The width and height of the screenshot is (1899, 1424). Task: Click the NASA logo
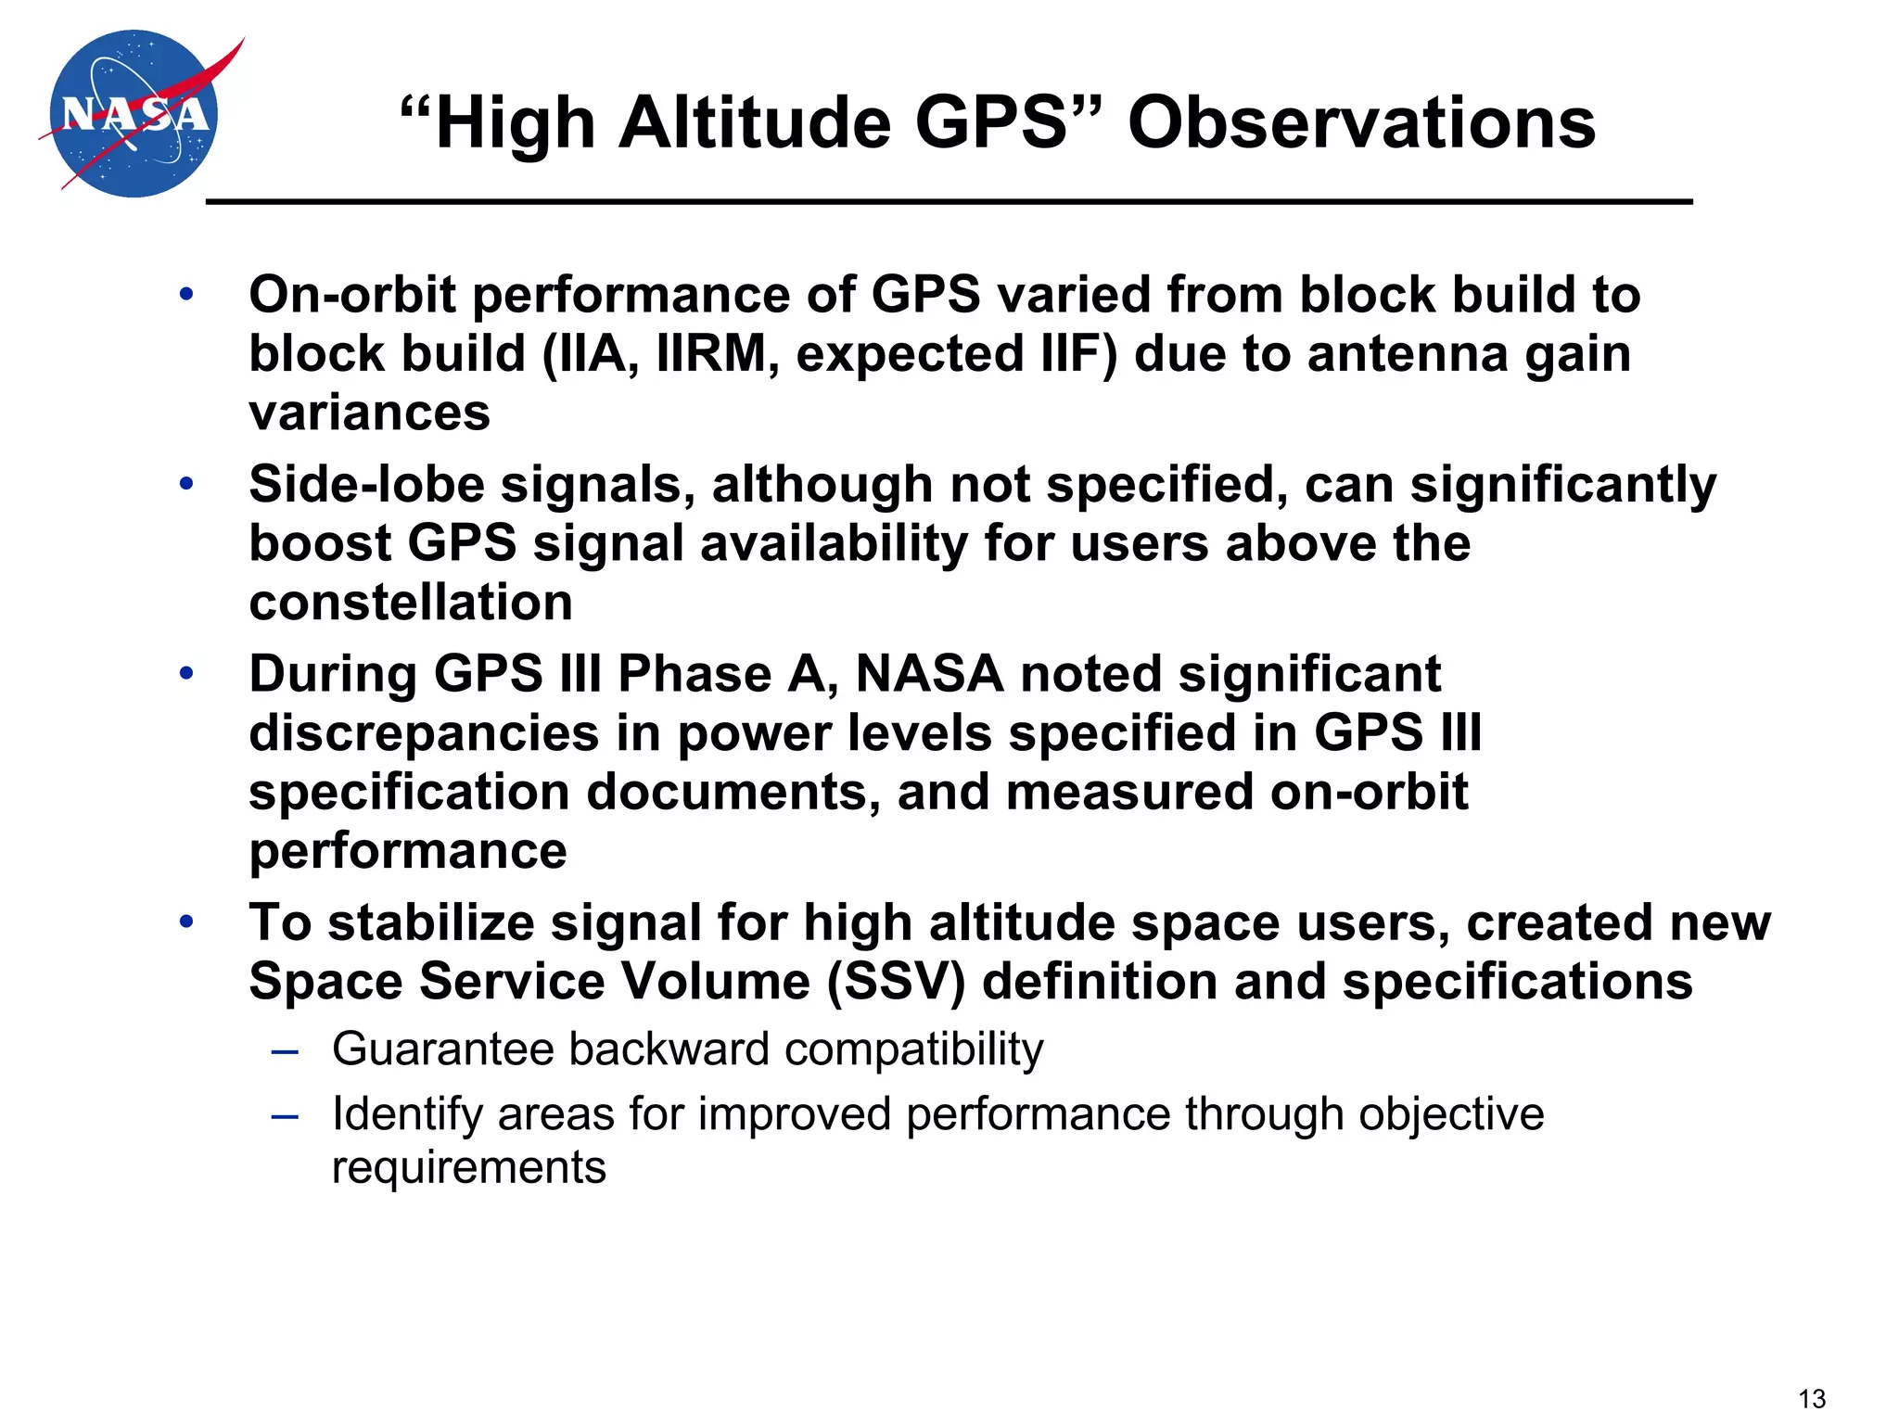[x=134, y=113]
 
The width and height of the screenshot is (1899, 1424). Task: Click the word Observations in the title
[x=1361, y=122]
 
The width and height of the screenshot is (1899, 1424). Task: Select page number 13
[x=1811, y=1398]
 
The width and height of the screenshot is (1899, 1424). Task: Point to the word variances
[x=369, y=413]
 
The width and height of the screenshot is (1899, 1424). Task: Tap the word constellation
[x=411, y=603]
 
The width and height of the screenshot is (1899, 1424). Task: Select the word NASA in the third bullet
[x=929, y=674]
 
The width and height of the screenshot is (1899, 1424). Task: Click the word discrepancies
[x=424, y=733]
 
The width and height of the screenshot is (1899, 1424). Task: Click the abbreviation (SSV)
[x=896, y=981]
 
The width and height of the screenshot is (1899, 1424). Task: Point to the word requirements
[x=468, y=1167]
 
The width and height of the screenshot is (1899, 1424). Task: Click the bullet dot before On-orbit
[x=186, y=295]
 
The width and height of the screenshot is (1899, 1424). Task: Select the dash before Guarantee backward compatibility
[x=285, y=1051]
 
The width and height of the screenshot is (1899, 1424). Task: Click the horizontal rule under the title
[x=949, y=201]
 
